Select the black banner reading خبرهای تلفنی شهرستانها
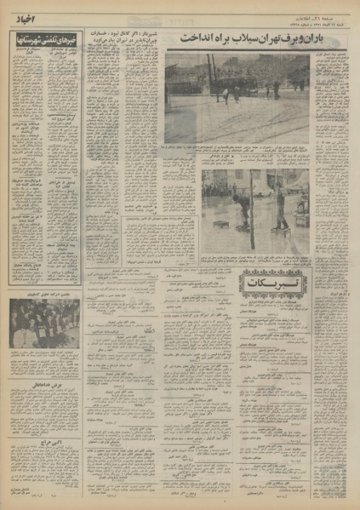point(46,41)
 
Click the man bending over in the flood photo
point(242,209)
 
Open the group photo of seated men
point(46,324)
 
